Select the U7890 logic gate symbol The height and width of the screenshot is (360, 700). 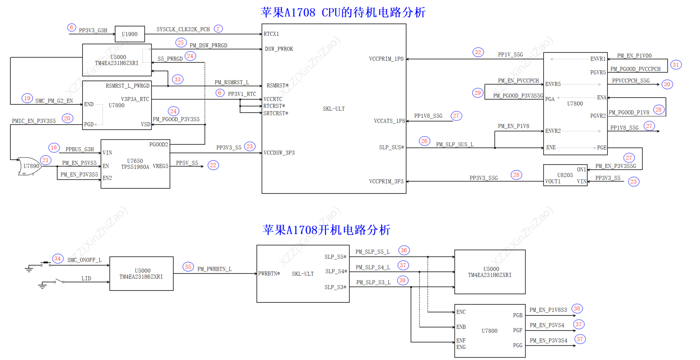(30, 166)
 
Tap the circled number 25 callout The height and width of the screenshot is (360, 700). (181, 43)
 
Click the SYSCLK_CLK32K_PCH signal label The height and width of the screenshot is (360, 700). (183, 29)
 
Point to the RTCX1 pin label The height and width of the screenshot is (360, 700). (271, 34)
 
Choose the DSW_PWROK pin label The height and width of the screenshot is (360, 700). (279, 49)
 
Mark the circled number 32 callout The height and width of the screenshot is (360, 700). (478, 52)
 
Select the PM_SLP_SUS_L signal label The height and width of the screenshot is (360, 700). (455, 145)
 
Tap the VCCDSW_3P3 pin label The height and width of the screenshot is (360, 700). (279, 153)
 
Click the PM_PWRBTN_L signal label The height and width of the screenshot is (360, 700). (214, 269)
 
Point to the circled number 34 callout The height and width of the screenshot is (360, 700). (57, 259)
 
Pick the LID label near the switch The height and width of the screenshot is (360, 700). (86, 278)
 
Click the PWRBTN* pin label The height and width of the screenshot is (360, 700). (269, 274)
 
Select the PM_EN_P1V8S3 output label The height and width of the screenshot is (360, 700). (548, 310)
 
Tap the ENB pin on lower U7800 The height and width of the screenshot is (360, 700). (461, 327)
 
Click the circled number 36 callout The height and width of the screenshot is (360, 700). (404, 250)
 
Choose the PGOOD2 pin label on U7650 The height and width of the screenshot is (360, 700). (158, 144)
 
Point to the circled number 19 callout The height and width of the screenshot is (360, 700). (27, 98)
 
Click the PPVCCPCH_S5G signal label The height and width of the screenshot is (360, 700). (631, 80)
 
